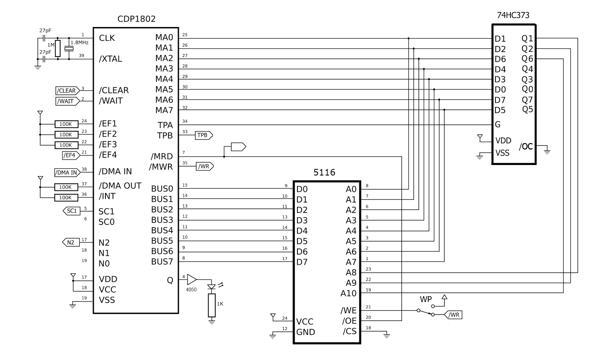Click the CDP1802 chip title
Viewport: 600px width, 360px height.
pos(136,19)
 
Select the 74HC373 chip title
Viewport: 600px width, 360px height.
pos(513,15)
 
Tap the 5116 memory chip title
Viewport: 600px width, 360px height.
pos(324,172)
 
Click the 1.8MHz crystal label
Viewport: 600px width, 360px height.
pos(79,43)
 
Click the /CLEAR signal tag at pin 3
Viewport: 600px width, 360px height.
pos(67,91)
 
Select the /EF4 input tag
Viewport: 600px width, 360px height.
pos(70,155)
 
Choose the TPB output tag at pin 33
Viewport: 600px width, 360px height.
pos(203,135)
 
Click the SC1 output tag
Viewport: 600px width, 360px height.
pos(71,211)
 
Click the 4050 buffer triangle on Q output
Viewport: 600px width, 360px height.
pos(191,279)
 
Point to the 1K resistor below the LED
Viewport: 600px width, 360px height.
pos(212,305)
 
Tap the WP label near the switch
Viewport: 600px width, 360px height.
pos(426,300)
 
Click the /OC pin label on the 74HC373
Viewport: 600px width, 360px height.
pos(526,147)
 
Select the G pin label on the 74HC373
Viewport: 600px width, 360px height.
pos(498,124)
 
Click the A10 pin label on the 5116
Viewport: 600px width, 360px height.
pos(348,293)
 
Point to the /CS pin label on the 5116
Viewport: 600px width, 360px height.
pos(349,331)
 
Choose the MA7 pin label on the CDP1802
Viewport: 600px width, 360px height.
pos(164,110)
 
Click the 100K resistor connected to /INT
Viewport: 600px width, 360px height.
pos(66,198)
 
